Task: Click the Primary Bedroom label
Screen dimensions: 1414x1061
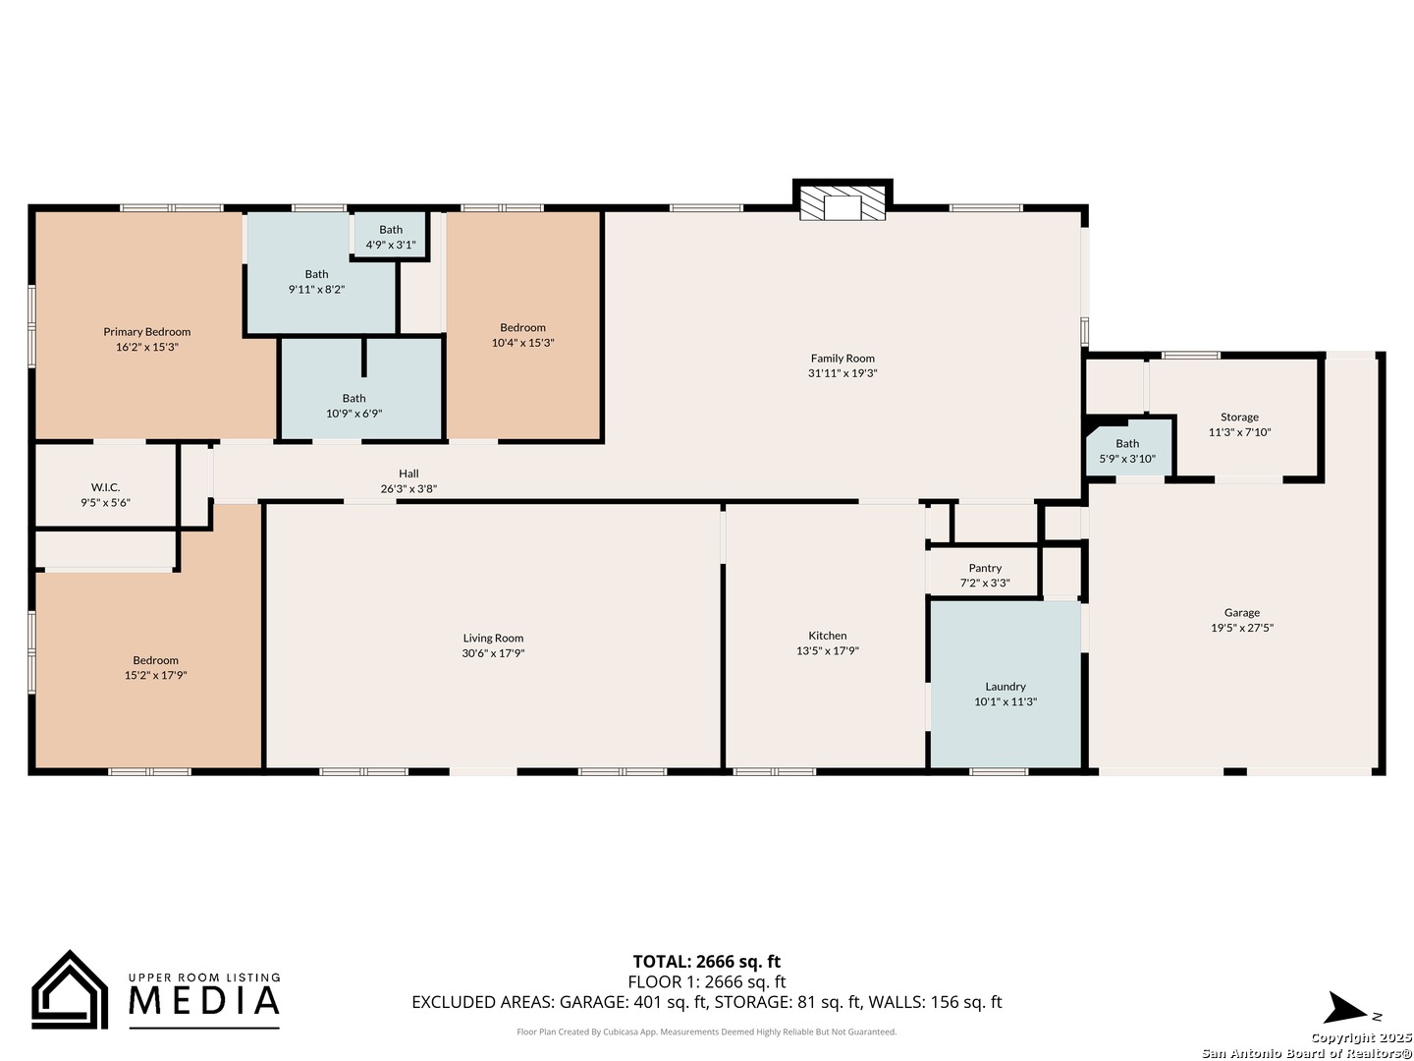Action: click(147, 332)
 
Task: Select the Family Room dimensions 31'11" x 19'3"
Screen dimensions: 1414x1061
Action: click(843, 373)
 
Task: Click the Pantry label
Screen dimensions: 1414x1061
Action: click(985, 568)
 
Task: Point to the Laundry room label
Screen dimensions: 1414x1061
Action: click(1005, 687)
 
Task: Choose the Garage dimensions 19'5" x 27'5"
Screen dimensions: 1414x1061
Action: click(1242, 628)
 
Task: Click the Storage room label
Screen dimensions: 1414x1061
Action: click(1239, 417)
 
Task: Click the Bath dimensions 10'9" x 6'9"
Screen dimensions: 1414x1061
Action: click(354, 414)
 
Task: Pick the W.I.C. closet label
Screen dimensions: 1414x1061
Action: click(106, 487)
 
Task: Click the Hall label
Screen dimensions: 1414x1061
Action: click(408, 474)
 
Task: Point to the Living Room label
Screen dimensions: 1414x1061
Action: click(494, 638)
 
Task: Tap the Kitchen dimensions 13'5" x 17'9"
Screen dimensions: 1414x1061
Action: click(828, 650)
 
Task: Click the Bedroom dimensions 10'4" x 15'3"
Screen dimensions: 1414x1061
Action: click(523, 343)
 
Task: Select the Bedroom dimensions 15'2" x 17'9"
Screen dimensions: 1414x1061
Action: click(156, 675)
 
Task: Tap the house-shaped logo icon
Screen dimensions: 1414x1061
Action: click(70, 989)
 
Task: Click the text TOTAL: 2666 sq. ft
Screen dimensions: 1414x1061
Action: click(707, 962)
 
